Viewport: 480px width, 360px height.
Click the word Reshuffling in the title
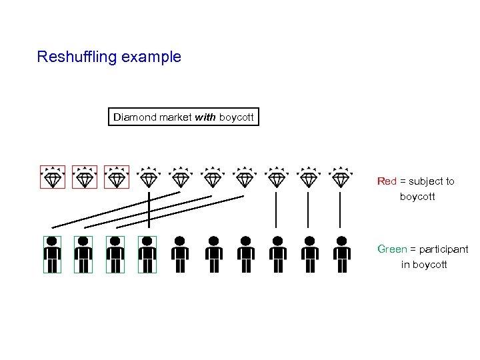pyautogui.click(x=77, y=57)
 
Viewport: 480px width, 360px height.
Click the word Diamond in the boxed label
pyautogui.click(x=135, y=117)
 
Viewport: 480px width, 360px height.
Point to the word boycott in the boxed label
pyautogui.click(x=236, y=117)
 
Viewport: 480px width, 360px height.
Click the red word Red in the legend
pyautogui.click(x=387, y=181)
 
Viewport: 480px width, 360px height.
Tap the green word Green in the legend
pyautogui.click(x=392, y=249)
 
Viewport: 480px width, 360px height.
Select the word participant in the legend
pyautogui.click(x=444, y=249)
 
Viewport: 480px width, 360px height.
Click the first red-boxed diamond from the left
pyautogui.click(x=52, y=177)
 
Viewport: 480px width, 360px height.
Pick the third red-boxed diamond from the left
pyautogui.click(x=116, y=177)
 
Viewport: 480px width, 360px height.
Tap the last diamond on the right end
pyautogui.click(x=341, y=177)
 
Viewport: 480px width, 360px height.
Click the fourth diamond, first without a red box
pyautogui.click(x=149, y=177)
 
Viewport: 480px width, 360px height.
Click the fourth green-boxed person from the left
pyautogui.click(x=147, y=255)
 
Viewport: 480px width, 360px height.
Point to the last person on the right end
pyautogui.click(x=341, y=255)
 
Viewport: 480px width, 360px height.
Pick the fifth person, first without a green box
pyautogui.click(x=180, y=255)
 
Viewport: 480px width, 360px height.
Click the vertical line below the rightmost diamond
pyautogui.click(x=340, y=210)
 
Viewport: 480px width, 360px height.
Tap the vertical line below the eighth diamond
pyautogui.click(x=276, y=210)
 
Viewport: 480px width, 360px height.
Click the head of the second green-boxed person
pyautogui.click(x=83, y=241)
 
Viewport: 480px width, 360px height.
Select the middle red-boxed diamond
pyautogui.click(x=84, y=177)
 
